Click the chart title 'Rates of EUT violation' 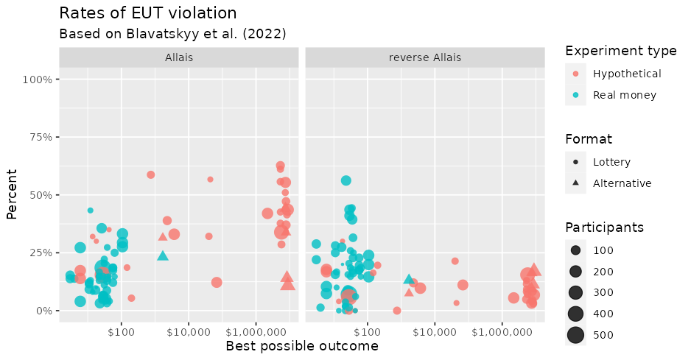[147, 13]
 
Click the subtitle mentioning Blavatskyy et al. [172, 34]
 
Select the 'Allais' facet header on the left [180, 57]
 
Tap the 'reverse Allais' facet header [424, 57]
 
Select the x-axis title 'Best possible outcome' [301, 346]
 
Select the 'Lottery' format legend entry [611, 162]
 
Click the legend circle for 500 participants [575, 336]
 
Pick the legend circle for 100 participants [575, 251]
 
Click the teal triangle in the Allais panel [163, 255]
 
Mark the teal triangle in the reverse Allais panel [409, 279]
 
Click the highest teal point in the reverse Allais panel [345, 180]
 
